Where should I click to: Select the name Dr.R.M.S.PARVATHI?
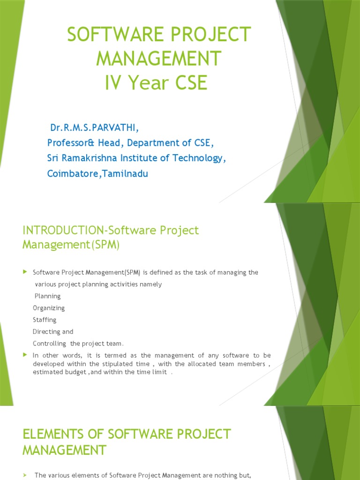(x=94, y=128)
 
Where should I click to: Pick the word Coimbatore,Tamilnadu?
(x=97, y=173)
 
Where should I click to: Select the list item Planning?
(x=47, y=296)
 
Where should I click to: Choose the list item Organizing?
(x=49, y=308)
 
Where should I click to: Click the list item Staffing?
(x=45, y=320)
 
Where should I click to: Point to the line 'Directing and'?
(x=53, y=331)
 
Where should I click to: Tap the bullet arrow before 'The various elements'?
(x=25, y=475)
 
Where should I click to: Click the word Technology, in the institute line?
(x=200, y=158)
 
